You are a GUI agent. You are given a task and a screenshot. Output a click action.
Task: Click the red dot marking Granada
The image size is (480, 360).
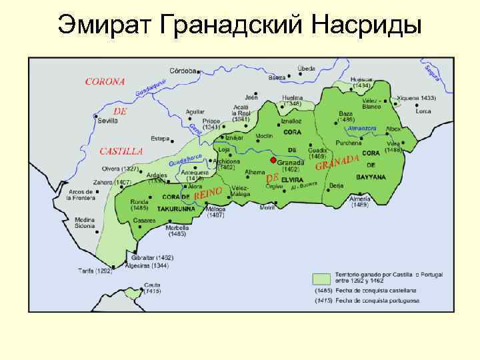point(272,161)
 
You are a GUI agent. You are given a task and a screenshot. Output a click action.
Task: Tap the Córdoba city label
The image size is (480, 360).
point(183,70)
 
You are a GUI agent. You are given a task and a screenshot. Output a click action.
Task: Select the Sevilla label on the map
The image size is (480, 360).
point(106,121)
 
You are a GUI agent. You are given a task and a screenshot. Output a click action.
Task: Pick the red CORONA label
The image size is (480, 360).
point(105,81)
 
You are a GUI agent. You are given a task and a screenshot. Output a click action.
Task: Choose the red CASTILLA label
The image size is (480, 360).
point(121,151)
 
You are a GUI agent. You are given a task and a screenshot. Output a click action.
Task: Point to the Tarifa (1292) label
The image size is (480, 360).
point(95,271)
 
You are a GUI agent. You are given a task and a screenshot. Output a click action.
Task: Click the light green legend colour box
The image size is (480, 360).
point(323,278)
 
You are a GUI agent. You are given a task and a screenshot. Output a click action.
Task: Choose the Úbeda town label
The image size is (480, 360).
point(307,69)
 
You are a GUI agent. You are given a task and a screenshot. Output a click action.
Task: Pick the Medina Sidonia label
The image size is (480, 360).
point(85,223)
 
